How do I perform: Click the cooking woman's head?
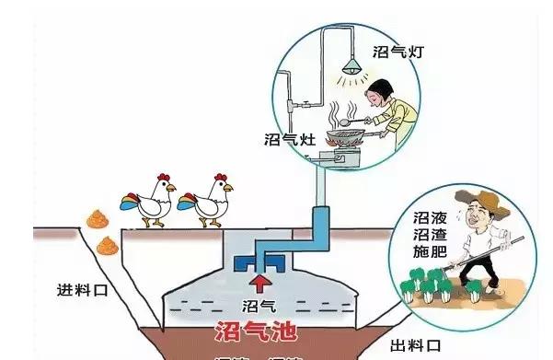[375, 94]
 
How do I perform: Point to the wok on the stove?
[348, 135]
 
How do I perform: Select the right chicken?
[209, 196]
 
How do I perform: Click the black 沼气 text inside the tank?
[259, 303]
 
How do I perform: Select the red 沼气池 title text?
[260, 330]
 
